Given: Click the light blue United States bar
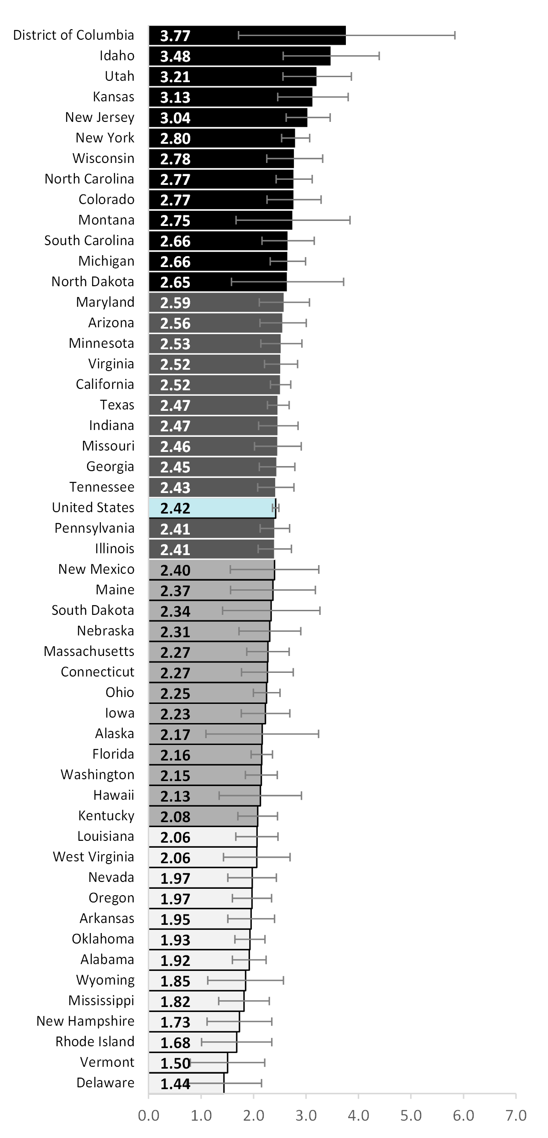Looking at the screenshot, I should tap(212, 508).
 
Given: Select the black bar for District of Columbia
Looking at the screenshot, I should tap(247, 35).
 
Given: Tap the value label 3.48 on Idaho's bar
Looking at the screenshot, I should tap(175, 56).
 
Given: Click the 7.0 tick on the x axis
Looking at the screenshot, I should tap(516, 1115).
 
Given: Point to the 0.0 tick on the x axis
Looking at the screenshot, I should tap(149, 1115).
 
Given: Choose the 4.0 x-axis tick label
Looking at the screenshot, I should tap(359, 1115).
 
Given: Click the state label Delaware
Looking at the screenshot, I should tap(105, 1082).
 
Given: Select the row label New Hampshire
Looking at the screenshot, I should tap(85, 1021).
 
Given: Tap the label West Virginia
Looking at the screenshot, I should tap(94, 856).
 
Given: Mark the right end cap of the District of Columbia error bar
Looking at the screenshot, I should tap(455, 35).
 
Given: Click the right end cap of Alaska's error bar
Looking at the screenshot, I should tap(318, 734).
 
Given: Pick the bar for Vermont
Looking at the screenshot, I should tap(188, 1062).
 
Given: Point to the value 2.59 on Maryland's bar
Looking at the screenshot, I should tap(175, 303).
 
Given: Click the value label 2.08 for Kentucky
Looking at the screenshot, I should tap(175, 816).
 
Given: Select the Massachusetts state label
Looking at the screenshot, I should tap(89, 651).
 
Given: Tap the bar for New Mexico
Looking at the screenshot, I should tap(212, 569).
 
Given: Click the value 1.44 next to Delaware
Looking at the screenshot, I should tap(175, 1083).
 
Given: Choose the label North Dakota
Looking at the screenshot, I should tap(93, 281).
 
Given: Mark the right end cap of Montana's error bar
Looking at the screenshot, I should tap(350, 220).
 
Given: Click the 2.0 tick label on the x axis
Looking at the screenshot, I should tap(254, 1115).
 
